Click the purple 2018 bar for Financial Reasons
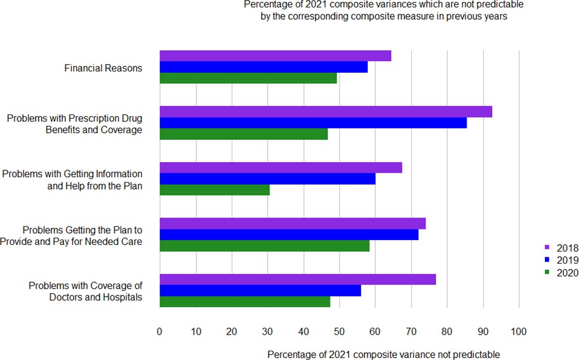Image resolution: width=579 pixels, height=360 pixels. [275, 56]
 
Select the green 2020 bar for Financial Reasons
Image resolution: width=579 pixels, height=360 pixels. [248, 78]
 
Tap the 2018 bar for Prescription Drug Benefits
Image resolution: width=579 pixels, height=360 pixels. [326, 112]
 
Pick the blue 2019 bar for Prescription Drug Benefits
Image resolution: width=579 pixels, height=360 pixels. [313, 123]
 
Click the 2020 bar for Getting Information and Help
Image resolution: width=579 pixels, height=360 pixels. [214, 190]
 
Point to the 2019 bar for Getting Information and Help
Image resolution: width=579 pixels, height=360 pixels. [267, 179]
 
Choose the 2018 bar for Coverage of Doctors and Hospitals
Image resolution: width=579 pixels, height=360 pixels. [298, 279]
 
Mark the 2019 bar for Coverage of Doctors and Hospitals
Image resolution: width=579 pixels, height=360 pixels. [260, 290]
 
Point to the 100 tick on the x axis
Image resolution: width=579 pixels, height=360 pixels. [518, 331]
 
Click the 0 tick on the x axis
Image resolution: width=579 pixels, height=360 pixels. [160, 331]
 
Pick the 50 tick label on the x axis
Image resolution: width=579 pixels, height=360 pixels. [339, 331]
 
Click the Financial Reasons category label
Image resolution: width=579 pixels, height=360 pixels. [103, 68]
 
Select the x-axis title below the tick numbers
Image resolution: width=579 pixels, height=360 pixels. [383, 354]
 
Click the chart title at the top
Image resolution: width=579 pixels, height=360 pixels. [383, 11]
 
